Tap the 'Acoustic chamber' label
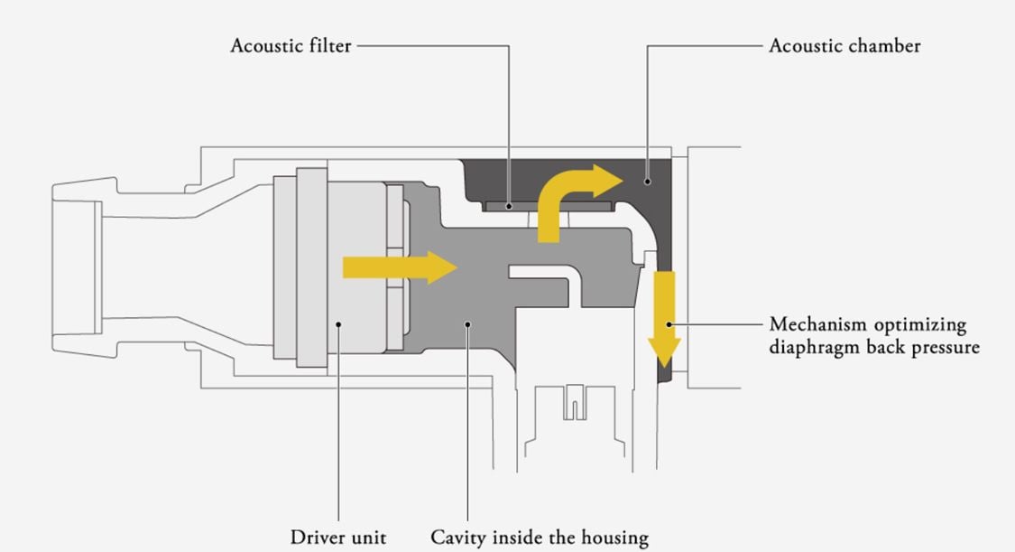pyautogui.click(x=844, y=45)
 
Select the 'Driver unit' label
pyautogui.click(x=338, y=538)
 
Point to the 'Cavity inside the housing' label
pyautogui.click(x=539, y=538)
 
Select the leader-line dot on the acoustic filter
pyautogui.click(x=510, y=207)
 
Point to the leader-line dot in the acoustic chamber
pyautogui.click(x=648, y=182)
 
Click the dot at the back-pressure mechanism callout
pyautogui.click(x=670, y=323)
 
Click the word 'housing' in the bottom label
pyautogui.click(x=614, y=538)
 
